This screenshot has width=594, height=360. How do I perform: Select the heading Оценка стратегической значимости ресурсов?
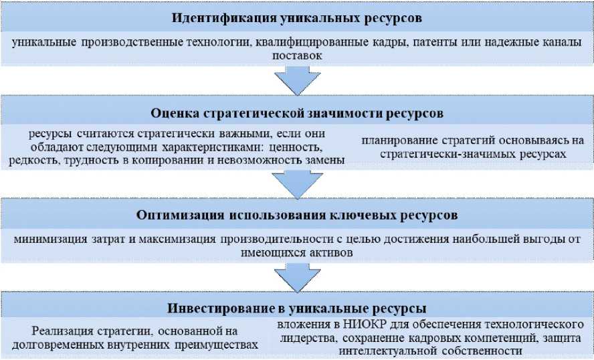[x=297, y=112]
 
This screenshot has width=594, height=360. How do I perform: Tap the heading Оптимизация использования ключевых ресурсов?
[x=297, y=215]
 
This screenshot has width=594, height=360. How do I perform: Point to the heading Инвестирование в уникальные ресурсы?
[x=297, y=309]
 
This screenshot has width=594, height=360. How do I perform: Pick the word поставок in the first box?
[x=297, y=57]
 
